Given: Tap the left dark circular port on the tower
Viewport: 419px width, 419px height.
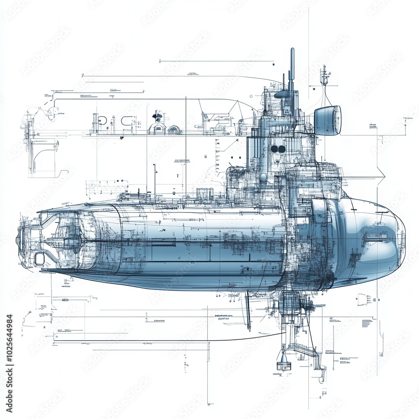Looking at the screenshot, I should tap(274, 149).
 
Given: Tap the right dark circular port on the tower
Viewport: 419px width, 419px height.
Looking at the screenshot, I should tap(282, 149).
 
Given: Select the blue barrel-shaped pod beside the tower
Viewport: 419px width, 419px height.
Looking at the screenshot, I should tap(328, 120).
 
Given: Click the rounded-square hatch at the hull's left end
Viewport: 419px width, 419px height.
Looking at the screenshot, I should tap(40, 259).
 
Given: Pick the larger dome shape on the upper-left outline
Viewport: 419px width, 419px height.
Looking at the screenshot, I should tap(157, 129).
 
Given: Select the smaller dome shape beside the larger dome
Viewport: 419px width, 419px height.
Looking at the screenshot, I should tap(174, 130).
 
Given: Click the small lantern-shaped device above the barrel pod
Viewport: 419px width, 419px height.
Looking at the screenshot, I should tap(324, 78).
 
